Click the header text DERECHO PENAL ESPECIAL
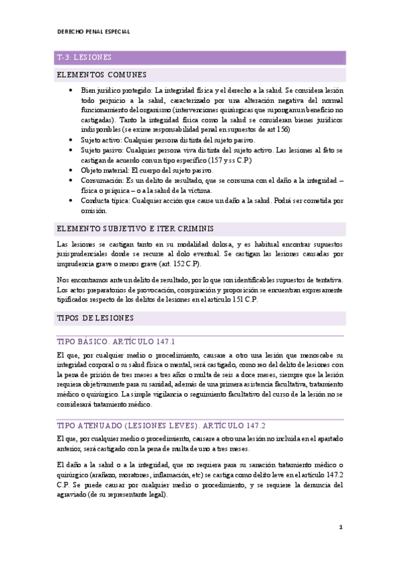pos(93,31)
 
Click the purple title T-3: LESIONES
pos(85,57)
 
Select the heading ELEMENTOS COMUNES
pos(102,75)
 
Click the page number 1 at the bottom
pos(341,527)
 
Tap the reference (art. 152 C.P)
pos(191,264)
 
